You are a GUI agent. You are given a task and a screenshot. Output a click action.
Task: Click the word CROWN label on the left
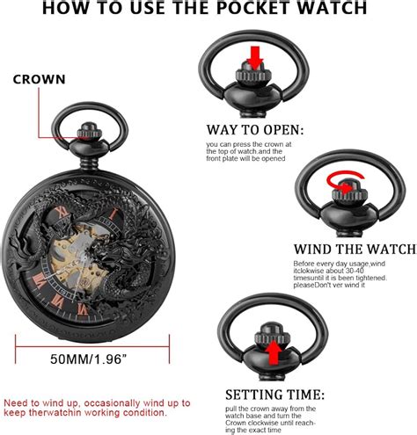coord(38,79)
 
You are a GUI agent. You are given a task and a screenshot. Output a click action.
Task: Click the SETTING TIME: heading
coord(277,393)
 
